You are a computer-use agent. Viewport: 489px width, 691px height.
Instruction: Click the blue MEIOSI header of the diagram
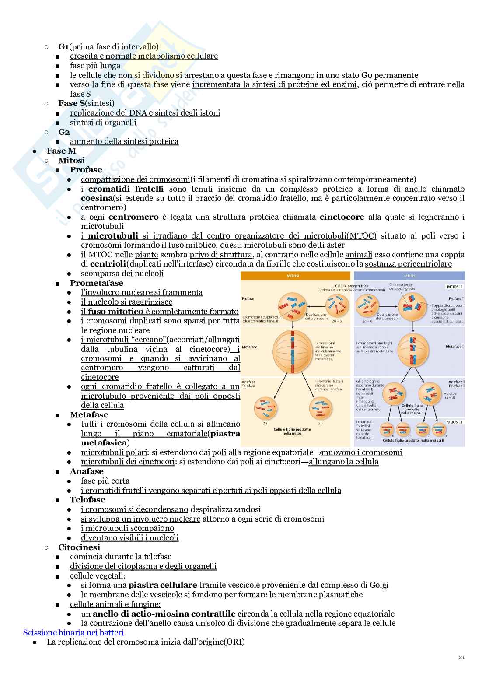click(x=409, y=276)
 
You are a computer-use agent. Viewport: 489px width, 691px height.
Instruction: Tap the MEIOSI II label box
click(x=454, y=422)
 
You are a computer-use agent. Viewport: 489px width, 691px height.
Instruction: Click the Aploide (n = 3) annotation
click(x=450, y=396)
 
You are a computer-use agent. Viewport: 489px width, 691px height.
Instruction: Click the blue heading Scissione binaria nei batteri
click(x=73, y=633)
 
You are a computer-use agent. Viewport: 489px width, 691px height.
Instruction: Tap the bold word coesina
click(x=97, y=198)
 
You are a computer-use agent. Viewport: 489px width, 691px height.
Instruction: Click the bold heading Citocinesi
click(x=79, y=547)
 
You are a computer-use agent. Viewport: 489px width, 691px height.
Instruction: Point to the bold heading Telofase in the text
click(x=87, y=500)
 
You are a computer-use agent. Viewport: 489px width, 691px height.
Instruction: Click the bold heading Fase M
click(x=61, y=151)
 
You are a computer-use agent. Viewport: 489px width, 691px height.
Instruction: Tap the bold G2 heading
click(x=64, y=132)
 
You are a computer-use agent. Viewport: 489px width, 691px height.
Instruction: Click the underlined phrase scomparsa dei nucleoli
click(x=122, y=274)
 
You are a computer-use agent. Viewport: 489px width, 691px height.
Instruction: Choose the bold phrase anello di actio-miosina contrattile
click(x=164, y=614)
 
